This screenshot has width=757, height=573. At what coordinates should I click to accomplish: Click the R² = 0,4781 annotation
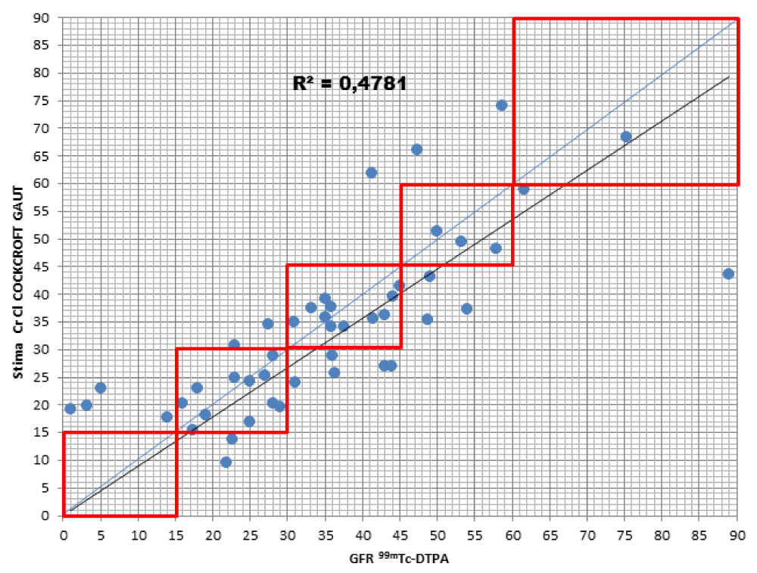pos(350,83)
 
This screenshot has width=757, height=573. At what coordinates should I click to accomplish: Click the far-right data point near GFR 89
pos(728,273)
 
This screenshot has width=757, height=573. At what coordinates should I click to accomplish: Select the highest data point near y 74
pos(501,105)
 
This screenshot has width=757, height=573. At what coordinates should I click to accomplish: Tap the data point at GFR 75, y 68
pos(626,136)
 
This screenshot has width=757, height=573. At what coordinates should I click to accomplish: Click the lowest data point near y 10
pos(226,462)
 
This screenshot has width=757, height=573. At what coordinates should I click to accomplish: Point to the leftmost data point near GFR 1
pos(70,409)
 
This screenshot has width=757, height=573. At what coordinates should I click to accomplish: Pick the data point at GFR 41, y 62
pos(371,173)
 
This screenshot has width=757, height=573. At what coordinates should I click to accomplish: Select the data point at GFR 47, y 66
pos(416,149)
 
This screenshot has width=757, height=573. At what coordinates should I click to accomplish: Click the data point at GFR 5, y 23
pos(100,388)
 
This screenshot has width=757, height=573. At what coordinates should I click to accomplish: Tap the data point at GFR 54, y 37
pos(466,308)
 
